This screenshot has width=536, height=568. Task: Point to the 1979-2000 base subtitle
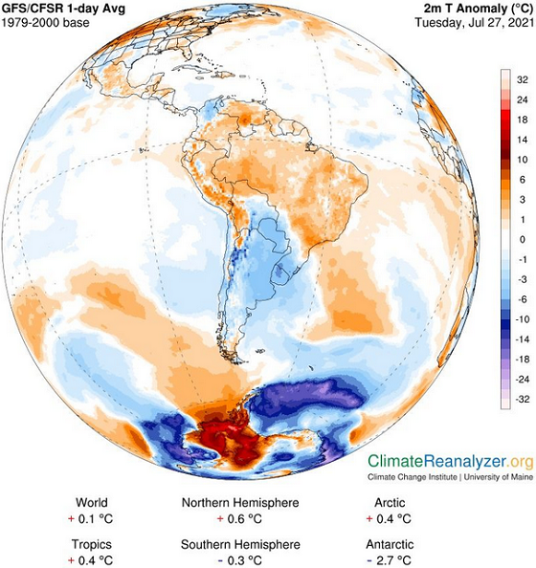click(x=46, y=23)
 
